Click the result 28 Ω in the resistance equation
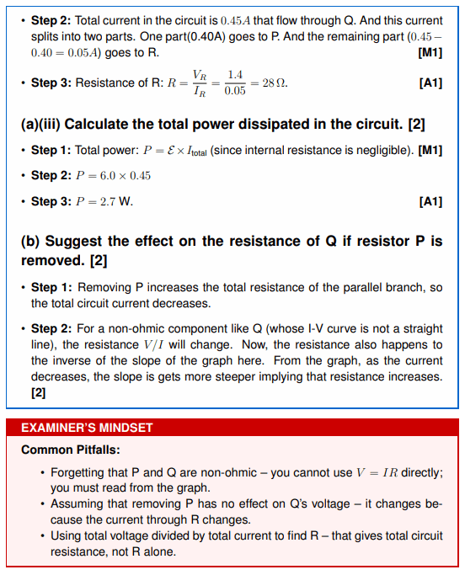pyautogui.click(x=274, y=83)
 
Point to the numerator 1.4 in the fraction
pyautogui.click(x=235, y=75)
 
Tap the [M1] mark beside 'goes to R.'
pyautogui.click(x=430, y=53)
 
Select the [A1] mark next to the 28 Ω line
pyautogui.click(x=430, y=83)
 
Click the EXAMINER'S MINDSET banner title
pyautogui.click(x=87, y=428)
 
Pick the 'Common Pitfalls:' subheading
pyautogui.click(x=71, y=450)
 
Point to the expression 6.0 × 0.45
pyautogui.click(x=126, y=176)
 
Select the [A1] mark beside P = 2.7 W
pyautogui.click(x=430, y=202)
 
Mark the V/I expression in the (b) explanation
pyautogui.click(x=154, y=344)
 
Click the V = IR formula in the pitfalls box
pyautogui.click(x=377, y=472)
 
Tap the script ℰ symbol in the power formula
pyautogui.click(x=171, y=151)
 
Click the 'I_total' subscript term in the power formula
pyautogui.click(x=197, y=151)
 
